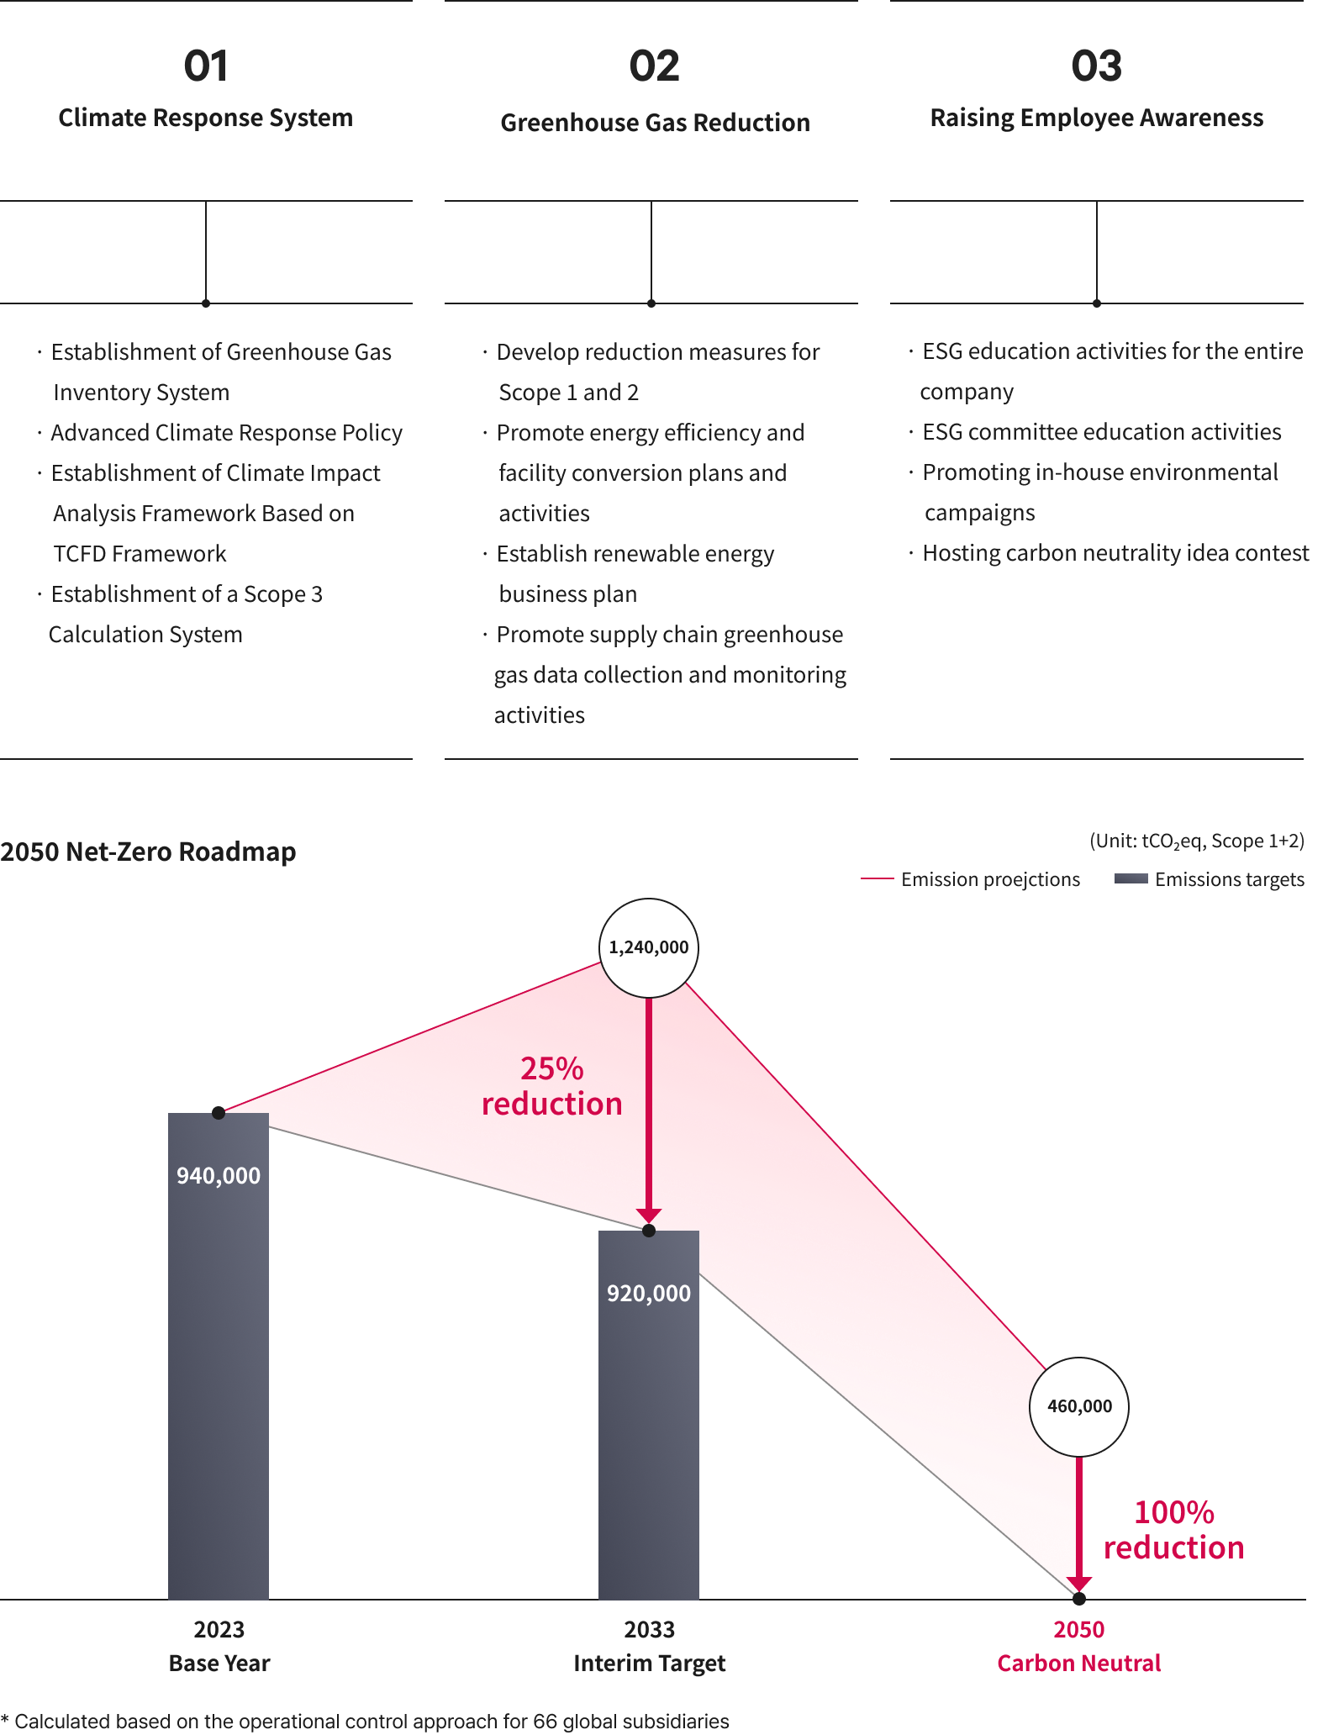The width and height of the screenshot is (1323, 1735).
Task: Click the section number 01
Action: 206,66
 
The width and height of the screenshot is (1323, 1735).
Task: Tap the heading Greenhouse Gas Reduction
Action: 655,123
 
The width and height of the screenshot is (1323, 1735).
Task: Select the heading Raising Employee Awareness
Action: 1096,118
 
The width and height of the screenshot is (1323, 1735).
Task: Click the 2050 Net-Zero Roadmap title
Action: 148,852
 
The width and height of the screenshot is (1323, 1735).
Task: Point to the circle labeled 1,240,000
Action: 648,947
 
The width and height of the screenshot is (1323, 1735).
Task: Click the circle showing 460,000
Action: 1079,1406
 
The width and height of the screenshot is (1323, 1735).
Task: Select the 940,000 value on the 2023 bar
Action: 219,1175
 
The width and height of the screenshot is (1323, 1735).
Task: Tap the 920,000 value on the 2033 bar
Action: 649,1293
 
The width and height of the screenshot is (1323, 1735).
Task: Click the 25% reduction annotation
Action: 552,1086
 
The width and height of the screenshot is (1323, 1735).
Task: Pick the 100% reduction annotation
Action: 1173,1530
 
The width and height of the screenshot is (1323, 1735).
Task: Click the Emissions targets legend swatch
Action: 1131,878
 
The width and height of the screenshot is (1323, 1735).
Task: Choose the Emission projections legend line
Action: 877,879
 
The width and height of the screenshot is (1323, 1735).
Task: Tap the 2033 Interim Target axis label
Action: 650,1646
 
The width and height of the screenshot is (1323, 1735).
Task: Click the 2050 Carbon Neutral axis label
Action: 1079,1646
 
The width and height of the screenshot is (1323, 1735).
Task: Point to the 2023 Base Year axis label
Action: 219,1646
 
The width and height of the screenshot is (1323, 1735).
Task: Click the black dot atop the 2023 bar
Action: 219,1113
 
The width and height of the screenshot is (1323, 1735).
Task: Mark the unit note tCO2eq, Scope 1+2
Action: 1197,841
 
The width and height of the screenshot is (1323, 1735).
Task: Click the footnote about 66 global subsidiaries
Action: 365,1721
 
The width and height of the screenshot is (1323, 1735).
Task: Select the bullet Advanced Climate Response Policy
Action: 220,433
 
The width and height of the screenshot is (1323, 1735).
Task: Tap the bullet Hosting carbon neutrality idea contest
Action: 1110,553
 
